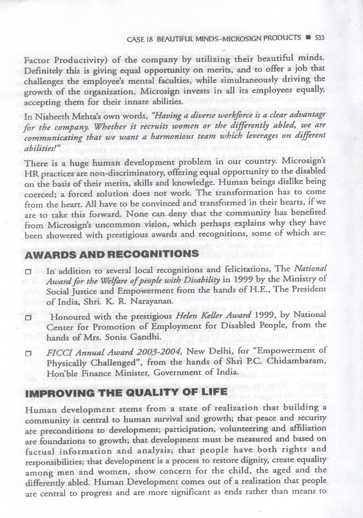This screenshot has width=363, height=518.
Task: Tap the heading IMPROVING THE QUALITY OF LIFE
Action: (126, 392)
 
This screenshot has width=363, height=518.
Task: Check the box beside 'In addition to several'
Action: (28, 272)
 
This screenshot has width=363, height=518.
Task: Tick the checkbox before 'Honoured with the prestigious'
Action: (28, 317)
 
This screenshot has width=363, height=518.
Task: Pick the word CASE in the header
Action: (135, 39)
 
